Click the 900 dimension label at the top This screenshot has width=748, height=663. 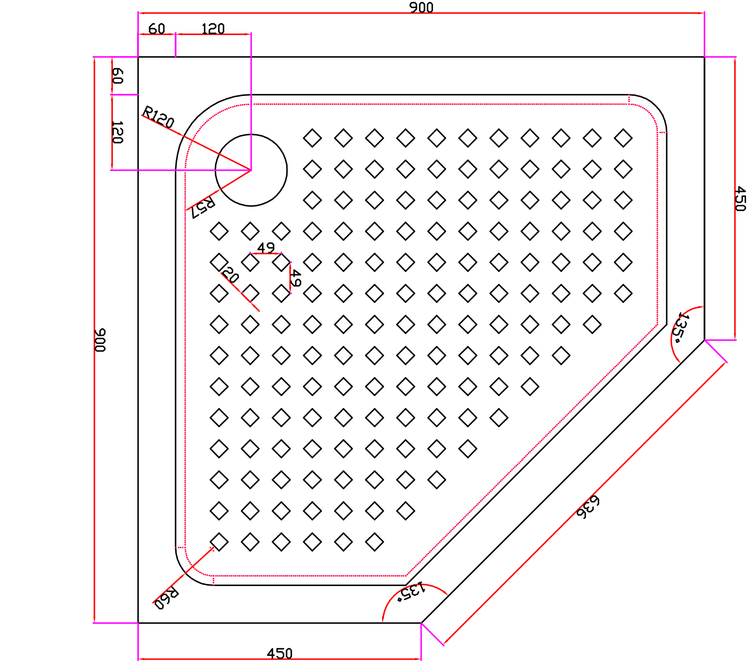(x=421, y=8)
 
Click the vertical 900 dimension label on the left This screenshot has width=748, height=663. (x=100, y=340)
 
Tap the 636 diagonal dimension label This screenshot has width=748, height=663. (x=588, y=507)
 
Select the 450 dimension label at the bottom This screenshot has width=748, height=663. (x=280, y=654)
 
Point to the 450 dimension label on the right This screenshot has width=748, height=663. (x=740, y=198)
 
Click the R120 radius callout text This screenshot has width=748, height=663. (x=159, y=117)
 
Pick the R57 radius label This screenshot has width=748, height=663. (x=204, y=207)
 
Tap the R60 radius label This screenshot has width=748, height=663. (x=167, y=598)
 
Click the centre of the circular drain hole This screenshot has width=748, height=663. (x=251, y=170)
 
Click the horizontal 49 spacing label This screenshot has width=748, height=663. (x=266, y=247)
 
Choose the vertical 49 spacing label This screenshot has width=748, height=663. (x=295, y=278)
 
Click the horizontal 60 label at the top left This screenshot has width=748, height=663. (x=156, y=29)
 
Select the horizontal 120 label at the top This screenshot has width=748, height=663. (x=213, y=29)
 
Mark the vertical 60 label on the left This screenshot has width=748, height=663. (x=117, y=76)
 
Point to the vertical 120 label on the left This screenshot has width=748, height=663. (x=117, y=132)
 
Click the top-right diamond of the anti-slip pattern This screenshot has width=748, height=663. (x=623, y=138)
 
